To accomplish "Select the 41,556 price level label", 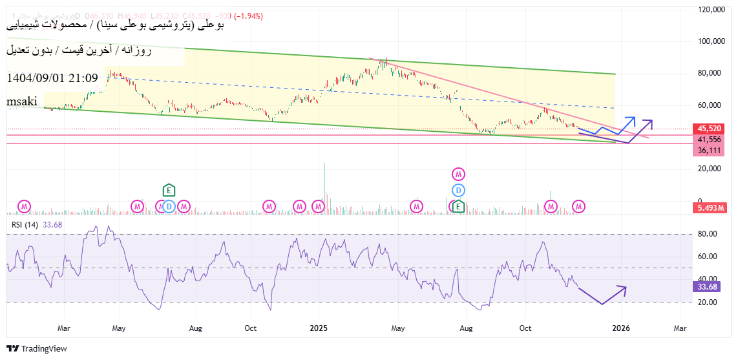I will (709, 139).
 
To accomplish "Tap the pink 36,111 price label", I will (709, 150).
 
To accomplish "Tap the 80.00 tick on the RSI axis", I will (709, 234).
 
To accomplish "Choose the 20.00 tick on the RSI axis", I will (709, 302).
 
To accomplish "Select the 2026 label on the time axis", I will (620, 328).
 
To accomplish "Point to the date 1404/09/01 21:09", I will (52, 78).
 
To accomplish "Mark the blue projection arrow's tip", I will (633, 118).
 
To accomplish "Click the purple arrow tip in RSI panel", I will (626, 287).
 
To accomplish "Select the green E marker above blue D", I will (169, 190).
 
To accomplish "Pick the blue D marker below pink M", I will (458, 190).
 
